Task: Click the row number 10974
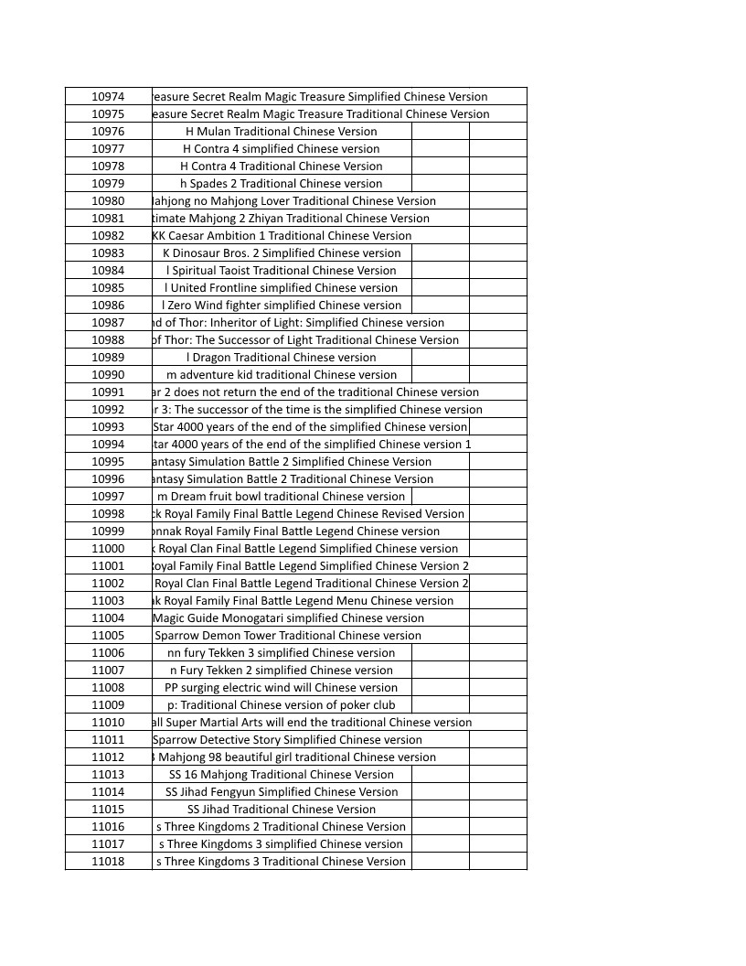coord(108,96)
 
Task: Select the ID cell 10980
coord(108,200)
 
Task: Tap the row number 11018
coord(108,861)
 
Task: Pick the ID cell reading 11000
coord(108,548)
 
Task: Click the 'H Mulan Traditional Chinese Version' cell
coord(282,131)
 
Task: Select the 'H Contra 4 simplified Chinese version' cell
coord(282,148)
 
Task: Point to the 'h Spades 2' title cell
coord(282,183)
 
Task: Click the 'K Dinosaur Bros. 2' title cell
coord(282,252)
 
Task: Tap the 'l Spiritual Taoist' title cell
coord(282,270)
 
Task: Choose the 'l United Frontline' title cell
coord(282,287)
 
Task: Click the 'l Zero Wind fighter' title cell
coord(282,305)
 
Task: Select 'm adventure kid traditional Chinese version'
coord(282,374)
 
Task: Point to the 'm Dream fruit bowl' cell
coord(282,496)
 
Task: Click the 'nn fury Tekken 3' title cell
coord(282,652)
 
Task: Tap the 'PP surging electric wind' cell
coord(282,687)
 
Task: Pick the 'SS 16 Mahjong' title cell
coord(282,774)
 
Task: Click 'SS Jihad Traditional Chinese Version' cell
coord(282,809)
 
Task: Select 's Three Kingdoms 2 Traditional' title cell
coord(282,826)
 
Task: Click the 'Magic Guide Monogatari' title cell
coord(288,617)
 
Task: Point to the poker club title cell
coord(282,704)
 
